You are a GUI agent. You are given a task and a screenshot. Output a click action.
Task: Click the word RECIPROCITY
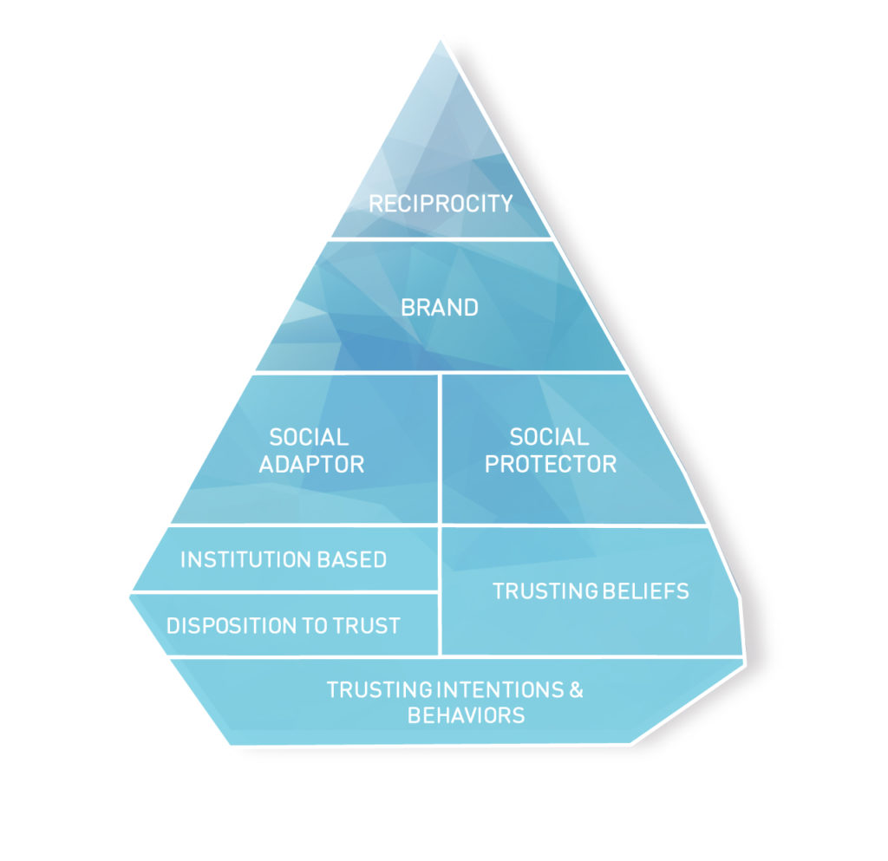click(x=441, y=204)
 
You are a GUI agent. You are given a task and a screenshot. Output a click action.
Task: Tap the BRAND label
click(x=440, y=308)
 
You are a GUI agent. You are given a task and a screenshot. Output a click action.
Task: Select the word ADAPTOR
click(x=311, y=464)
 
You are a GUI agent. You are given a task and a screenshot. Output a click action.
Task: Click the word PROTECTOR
click(x=550, y=464)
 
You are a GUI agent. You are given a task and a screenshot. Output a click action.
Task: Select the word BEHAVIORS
click(x=466, y=715)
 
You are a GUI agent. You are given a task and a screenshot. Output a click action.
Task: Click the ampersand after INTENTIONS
click(x=576, y=690)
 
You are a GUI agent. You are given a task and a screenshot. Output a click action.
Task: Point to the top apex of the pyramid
click(x=441, y=42)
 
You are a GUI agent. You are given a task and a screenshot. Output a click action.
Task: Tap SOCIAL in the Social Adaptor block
click(x=309, y=437)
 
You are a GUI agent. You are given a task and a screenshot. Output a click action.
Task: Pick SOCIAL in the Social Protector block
click(x=549, y=437)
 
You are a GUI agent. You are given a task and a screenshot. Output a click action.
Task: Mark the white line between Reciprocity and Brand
click(x=441, y=238)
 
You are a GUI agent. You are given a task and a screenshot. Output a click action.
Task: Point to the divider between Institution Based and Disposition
click(x=286, y=592)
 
